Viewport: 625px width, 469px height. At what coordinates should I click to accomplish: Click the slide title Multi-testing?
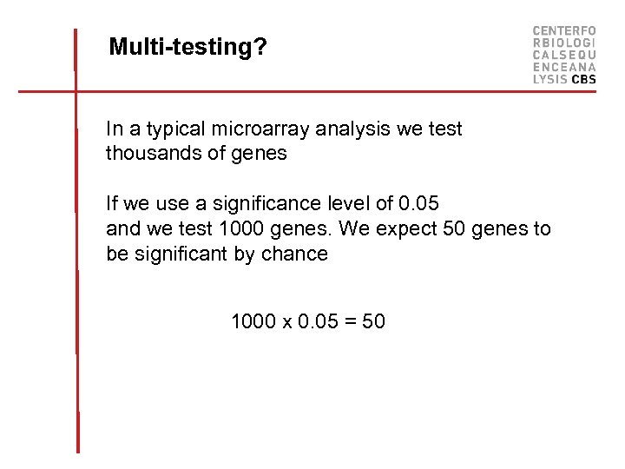(x=187, y=47)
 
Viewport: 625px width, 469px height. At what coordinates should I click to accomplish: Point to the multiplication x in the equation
(x=286, y=323)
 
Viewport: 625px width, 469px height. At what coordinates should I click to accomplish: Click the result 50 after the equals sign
(x=373, y=322)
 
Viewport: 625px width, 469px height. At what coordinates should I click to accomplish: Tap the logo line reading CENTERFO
(x=564, y=30)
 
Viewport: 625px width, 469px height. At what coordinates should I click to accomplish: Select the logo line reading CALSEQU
(x=564, y=54)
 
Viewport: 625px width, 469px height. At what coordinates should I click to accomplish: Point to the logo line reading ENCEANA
(x=564, y=66)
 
